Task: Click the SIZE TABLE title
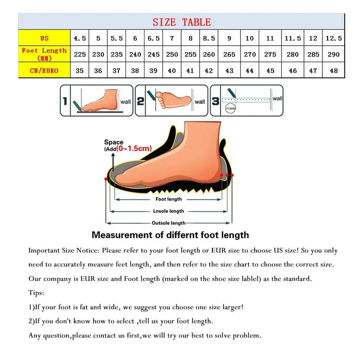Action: click(x=182, y=22)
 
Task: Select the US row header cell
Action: click(x=44, y=38)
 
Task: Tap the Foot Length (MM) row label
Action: click(x=44, y=54)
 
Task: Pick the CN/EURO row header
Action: click(x=44, y=70)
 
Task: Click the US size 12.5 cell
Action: click(x=334, y=38)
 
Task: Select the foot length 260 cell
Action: click(x=209, y=54)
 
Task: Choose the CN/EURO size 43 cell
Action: click(x=229, y=70)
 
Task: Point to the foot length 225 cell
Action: click(x=80, y=54)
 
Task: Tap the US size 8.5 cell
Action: click(x=209, y=38)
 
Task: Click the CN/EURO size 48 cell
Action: click(x=334, y=70)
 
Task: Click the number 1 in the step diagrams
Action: click(x=65, y=101)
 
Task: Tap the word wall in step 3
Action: click(x=277, y=98)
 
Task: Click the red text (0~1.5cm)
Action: click(x=131, y=149)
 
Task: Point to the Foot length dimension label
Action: click(x=169, y=199)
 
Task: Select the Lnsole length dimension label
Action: click(x=169, y=211)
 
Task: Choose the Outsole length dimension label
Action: click(x=169, y=223)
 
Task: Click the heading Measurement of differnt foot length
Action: click(x=170, y=235)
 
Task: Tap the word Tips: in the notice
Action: click(x=37, y=293)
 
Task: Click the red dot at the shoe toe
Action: click(x=106, y=178)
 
